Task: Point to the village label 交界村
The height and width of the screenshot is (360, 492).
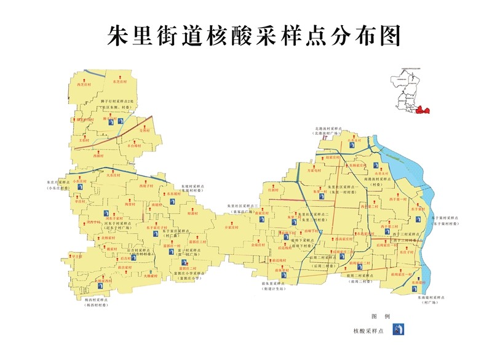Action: pos(145,130)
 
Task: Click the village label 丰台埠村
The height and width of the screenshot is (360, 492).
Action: pos(136,146)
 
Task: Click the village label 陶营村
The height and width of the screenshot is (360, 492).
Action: pos(129,203)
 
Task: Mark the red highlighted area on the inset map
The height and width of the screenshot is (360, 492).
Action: pos(421,110)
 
